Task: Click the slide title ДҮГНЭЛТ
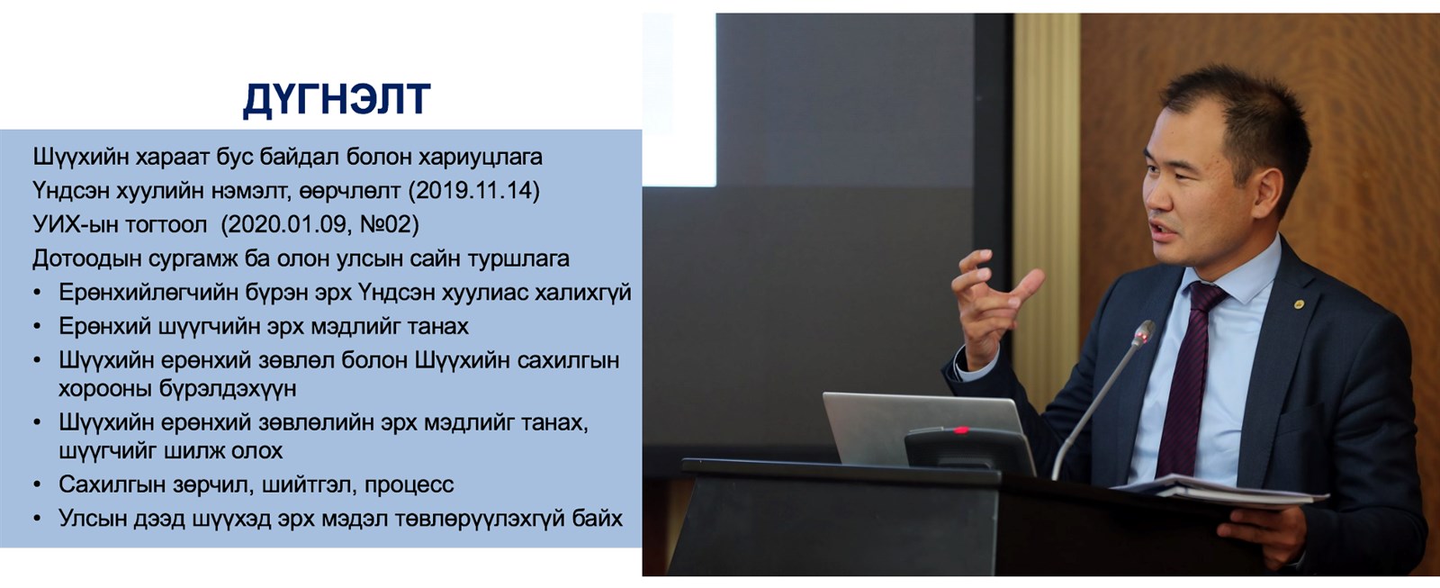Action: coord(337,100)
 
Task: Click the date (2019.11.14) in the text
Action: coord(473,191)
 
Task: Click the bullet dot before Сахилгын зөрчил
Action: coord(37,484)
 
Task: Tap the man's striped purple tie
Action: coord(1189,380)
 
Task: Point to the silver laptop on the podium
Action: coord(922,427)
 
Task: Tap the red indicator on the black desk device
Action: coord(961,430)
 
